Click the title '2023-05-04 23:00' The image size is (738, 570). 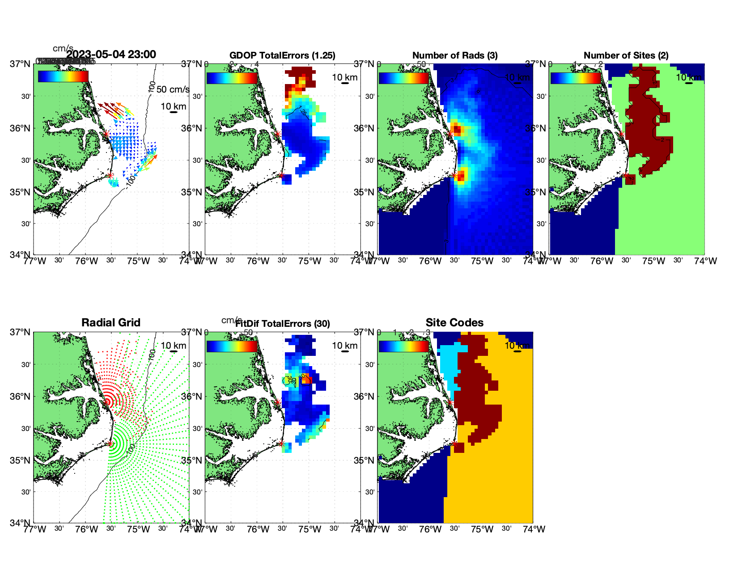tap(111, 55)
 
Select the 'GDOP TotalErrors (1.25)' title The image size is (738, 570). tap(282, 55)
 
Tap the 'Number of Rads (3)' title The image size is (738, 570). tap(455, 55)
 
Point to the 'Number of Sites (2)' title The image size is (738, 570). tap(626, 55)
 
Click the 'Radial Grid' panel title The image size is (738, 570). tap(111, 323)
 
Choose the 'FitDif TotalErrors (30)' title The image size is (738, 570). tap(283, 324)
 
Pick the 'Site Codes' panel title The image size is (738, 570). tap(454, 323)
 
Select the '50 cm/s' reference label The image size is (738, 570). tap(173, 89)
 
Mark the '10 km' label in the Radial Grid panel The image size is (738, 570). tap(174, 346)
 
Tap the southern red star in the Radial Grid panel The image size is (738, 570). tap(110, 443)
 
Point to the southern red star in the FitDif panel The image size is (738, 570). tap(281, 443)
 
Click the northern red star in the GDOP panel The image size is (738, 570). tap(278, 134)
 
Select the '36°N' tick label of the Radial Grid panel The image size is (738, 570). tap(21, 397)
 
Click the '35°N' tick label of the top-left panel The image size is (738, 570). tap(21, 192)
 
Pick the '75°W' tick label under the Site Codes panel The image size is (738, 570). tap(482, 529)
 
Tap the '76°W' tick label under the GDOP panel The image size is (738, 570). tap(258, 261)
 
